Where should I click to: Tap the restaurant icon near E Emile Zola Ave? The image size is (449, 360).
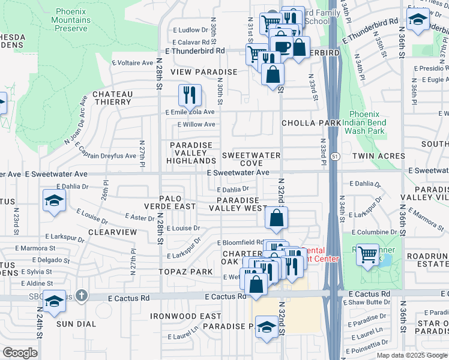tap(190, 95)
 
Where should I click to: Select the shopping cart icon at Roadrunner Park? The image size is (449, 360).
tap(367, 254)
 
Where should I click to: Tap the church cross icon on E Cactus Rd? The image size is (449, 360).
tap(82, 296)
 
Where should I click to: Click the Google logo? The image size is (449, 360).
tap(20, 353)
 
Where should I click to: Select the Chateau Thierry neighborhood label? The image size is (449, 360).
tap(112, 98)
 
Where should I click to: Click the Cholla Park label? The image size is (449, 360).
tap(311, 123)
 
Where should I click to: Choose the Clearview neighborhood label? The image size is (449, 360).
tap(113, 231)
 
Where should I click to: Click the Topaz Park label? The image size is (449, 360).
tap(185, 272)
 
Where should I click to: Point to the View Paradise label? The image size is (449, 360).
tap(204, 72)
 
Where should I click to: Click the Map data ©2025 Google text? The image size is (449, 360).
tap(411, 355)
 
